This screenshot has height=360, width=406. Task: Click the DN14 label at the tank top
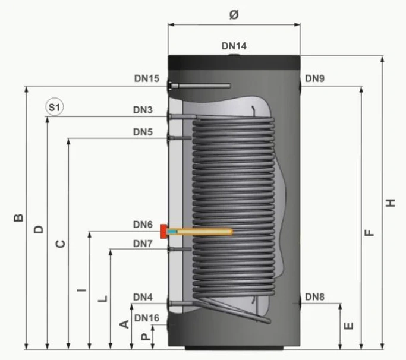[234, 46]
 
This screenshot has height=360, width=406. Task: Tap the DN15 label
[147, 78]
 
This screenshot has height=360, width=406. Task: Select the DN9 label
[314, 78]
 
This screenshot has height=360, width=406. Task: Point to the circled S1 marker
[54, 107]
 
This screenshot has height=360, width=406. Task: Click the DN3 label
[143, 110]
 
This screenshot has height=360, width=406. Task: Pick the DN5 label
[143, 132]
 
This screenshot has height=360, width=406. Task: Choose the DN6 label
[143, 225]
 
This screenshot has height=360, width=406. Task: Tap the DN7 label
[143, 244]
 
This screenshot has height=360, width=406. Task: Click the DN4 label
[143, 297]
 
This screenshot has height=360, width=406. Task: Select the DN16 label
[147, 318]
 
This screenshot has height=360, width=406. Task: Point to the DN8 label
[314, 297]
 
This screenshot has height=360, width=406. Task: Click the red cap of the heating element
[163, 231]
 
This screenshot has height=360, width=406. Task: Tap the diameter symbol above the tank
[234, 15]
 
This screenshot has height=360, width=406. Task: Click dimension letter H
[391, 203]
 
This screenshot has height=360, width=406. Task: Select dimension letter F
[369, 233]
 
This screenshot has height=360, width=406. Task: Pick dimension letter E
[348, 326]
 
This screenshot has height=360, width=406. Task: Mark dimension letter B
[18, 218]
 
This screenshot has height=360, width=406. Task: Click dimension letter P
[146, 336]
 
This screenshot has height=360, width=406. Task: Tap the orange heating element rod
[200, 231]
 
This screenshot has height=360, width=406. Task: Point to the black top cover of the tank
[234, 62]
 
